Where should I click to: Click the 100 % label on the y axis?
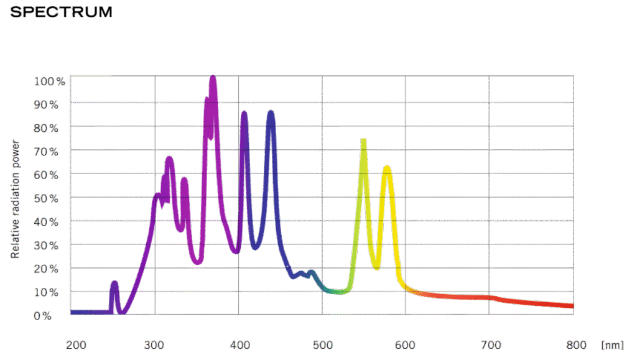(49, 81)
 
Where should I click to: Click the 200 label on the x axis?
(75, 344)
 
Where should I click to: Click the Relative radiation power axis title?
(16, 199)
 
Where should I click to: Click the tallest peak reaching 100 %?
(213, 79)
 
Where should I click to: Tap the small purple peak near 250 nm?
(114, 285)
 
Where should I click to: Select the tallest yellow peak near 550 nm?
(363, 141)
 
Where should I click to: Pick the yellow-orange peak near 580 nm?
(387, 168)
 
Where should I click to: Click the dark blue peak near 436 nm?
(271, 113)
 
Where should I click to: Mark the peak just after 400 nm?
(244, 114)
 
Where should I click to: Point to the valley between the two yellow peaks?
(376, 267)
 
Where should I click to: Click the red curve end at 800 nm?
(570, 305)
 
